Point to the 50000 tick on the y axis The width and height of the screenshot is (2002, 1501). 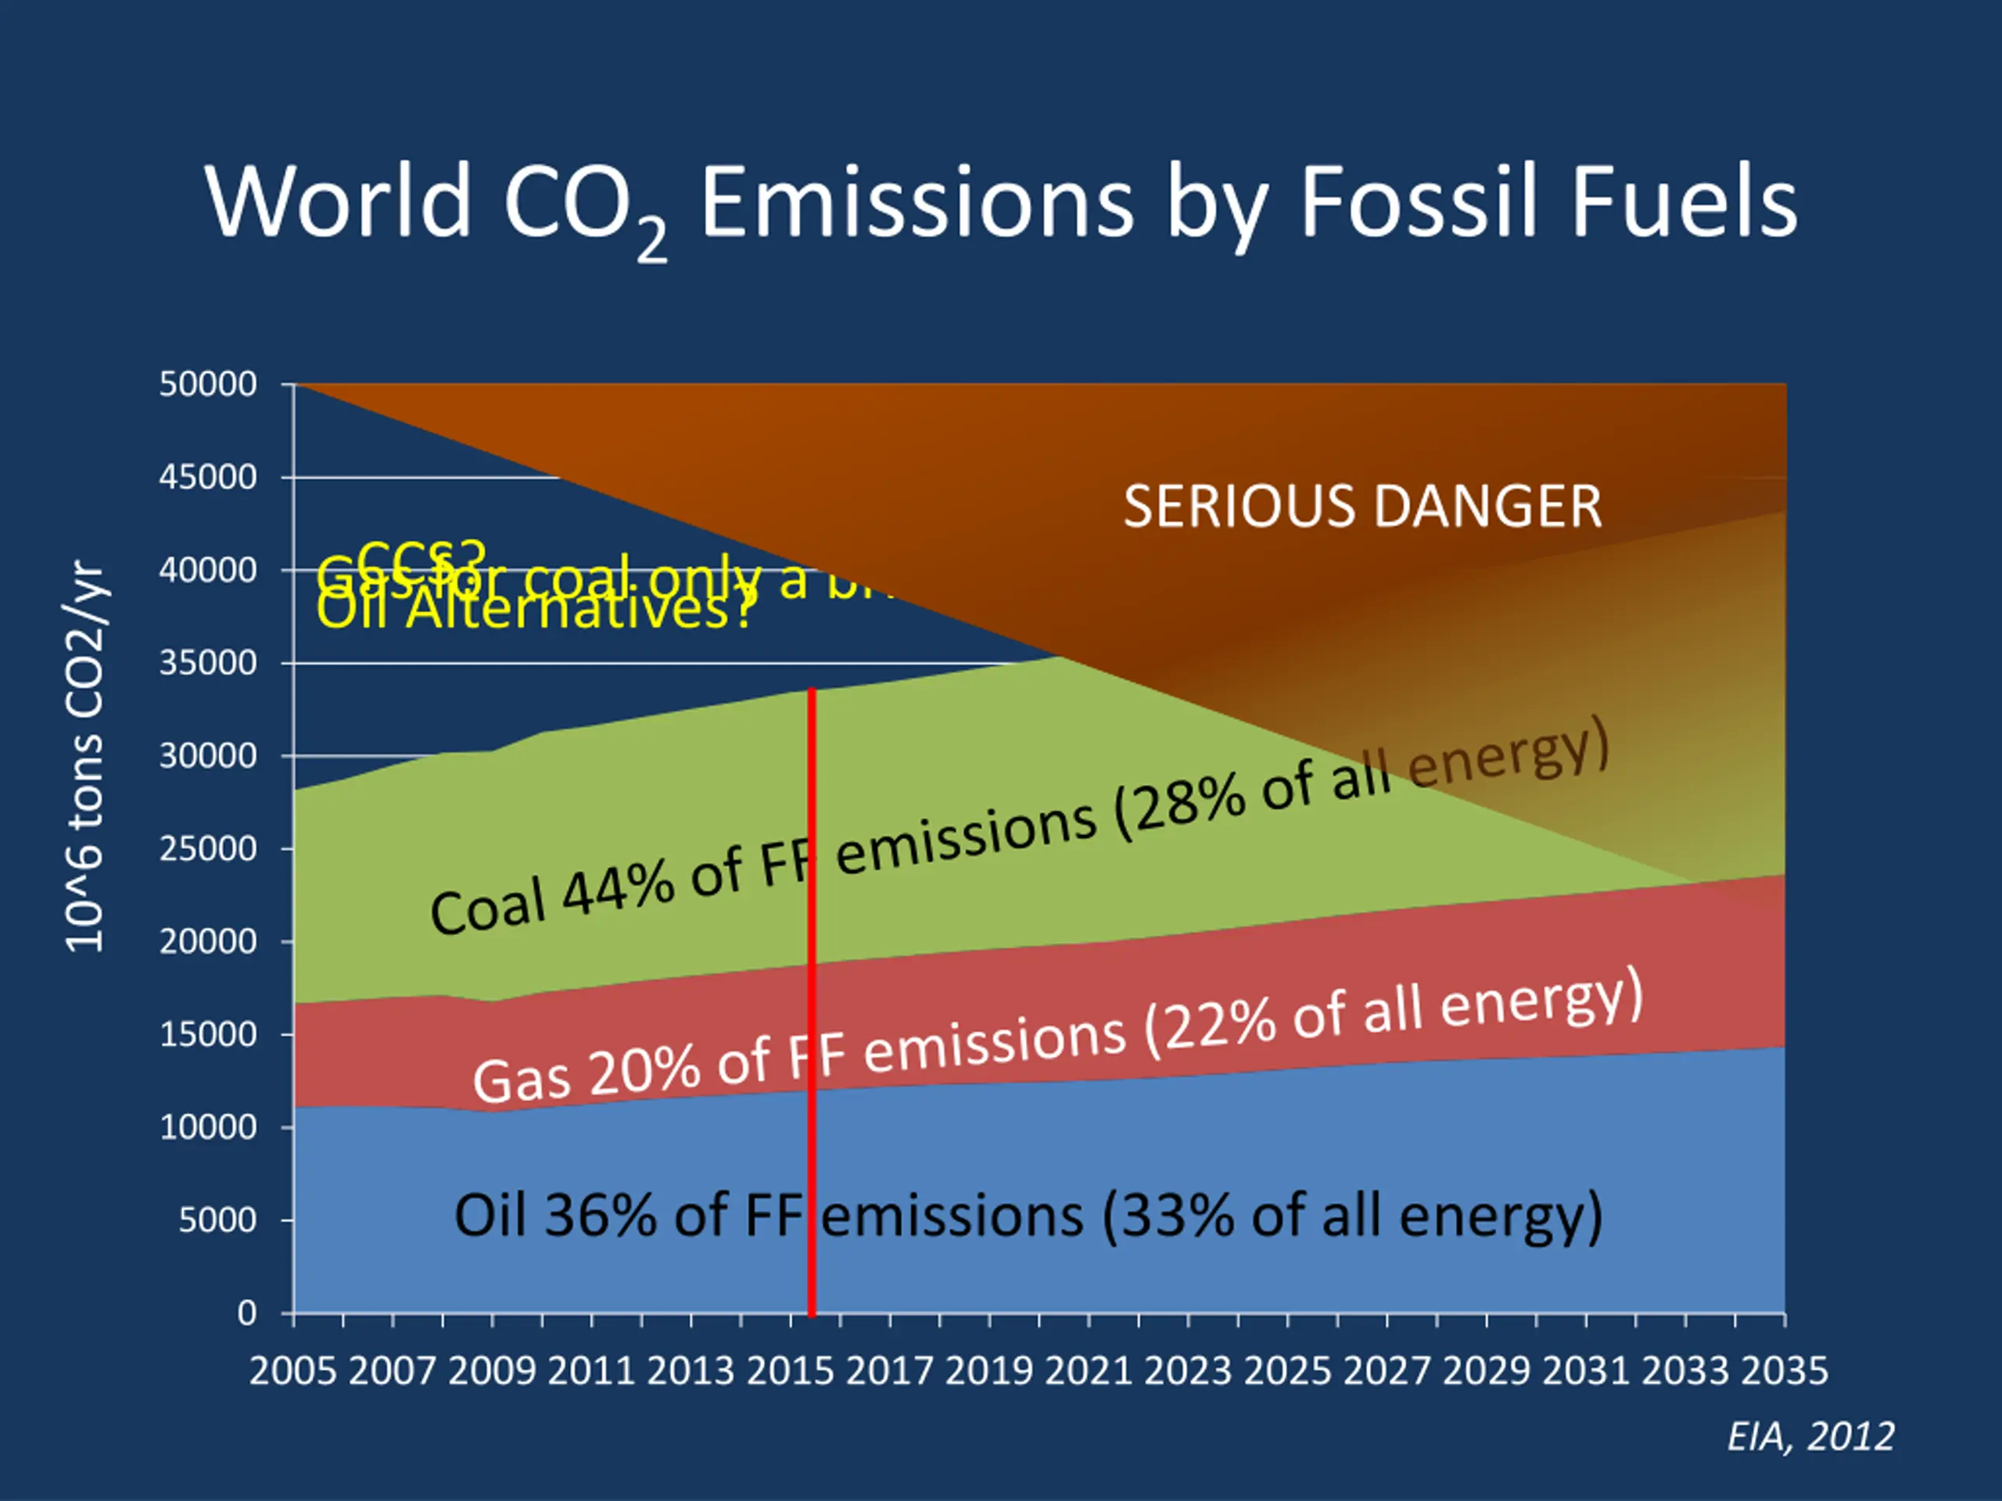tap(208, 385)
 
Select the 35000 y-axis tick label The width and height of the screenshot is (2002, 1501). tap(208, 663)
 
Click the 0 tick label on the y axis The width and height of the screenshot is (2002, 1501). tap(247, 1313)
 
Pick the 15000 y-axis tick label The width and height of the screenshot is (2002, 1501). tap(208, 1034)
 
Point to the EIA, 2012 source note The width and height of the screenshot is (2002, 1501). tap(1810, 1437)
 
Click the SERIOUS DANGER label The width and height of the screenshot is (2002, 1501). tap(1362, 506)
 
